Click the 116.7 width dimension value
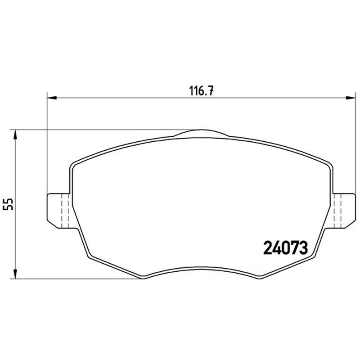click(201, 91)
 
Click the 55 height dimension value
click(9, 204)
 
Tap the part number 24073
click(285, 248)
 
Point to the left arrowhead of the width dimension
click(52, 98)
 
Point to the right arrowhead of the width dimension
click(351, 98)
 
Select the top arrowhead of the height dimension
click(15, 135)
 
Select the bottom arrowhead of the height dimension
click(15, 274)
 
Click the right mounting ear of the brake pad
click(343, 211)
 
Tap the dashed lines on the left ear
click(65, 211)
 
